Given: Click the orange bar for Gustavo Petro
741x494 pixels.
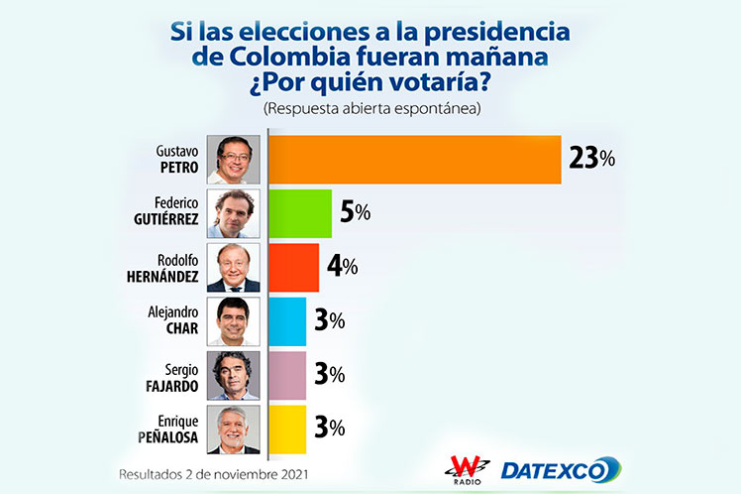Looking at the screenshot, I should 414,160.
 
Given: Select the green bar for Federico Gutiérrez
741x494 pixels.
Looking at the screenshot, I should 300,213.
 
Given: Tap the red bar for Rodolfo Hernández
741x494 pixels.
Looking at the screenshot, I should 293,267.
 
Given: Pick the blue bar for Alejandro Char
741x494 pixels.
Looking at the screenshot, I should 287,321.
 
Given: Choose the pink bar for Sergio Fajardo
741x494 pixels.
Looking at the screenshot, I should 287,375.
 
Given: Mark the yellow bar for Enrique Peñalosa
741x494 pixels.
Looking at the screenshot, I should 287,429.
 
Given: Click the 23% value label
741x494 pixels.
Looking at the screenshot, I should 591,159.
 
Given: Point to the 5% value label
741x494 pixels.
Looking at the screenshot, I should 356,212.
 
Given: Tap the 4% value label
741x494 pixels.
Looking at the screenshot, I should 343,267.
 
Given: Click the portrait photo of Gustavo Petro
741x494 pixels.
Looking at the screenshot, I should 233,160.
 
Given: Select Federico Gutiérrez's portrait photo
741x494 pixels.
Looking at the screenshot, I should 233,213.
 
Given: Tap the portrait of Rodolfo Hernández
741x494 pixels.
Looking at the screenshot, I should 233,267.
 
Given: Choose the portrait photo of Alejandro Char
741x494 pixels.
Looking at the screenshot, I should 233,321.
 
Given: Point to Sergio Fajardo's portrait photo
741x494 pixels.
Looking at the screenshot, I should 233,375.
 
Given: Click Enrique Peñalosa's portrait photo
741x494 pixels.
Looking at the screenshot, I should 233,429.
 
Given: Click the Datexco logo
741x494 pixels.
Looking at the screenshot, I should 560,469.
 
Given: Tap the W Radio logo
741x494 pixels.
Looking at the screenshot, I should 466,467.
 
